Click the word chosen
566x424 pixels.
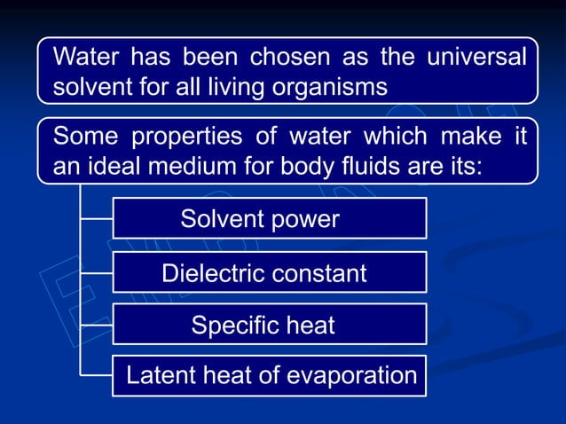click(293, 59)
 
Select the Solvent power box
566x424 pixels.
click(270, 218)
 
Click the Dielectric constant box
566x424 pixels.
click(270, 272)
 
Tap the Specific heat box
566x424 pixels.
click(270, 325)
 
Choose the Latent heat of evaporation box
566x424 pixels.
click(270, 375)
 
